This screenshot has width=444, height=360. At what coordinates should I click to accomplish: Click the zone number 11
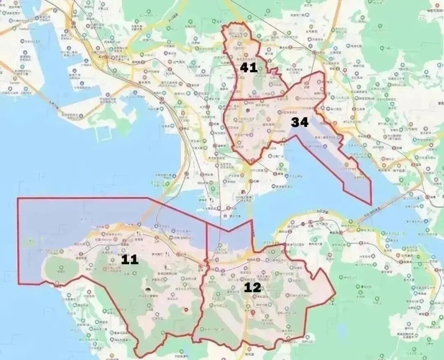coord(129,259)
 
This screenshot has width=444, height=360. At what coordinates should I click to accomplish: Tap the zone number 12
coord(252,287)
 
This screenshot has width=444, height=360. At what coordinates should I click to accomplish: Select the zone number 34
coord(300,122)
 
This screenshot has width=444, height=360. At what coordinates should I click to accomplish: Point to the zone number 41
coord(249,68)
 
